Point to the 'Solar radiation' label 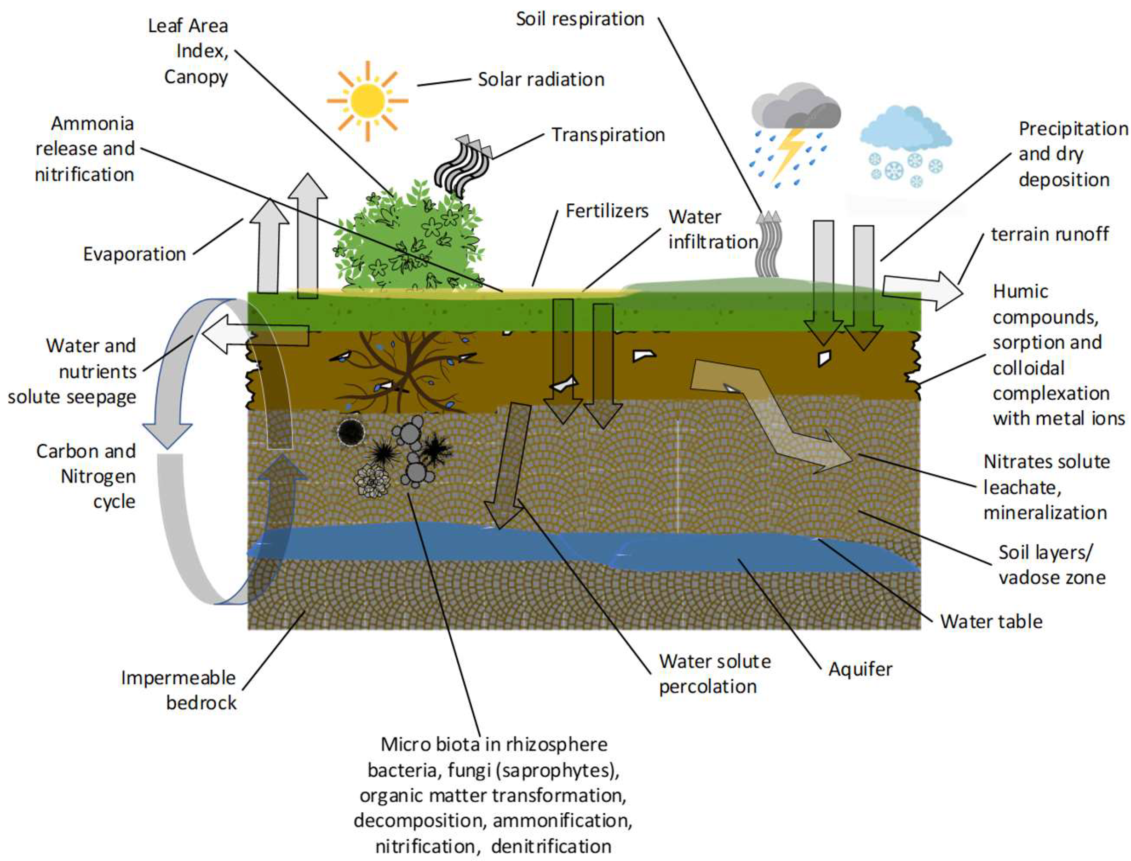[540, 80]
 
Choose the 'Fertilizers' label [607, 211]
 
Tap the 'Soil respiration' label [580, 19]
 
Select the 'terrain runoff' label [1050, 234]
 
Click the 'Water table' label [991, 622]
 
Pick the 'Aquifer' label [861, 669]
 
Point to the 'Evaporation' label [134, 254]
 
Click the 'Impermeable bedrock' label [179, 690]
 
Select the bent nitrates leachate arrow [769, 410]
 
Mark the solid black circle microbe [351, 432]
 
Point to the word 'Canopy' [196, 77]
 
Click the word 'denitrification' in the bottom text [551, 846]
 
